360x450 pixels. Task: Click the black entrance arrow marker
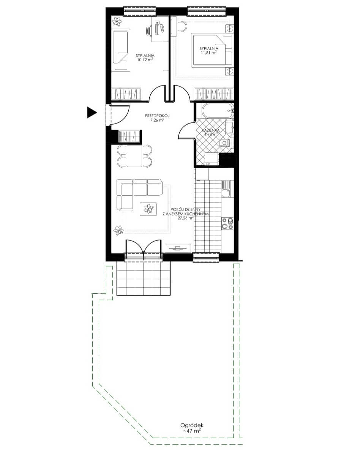coord(92,112)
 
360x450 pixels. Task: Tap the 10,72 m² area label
coord(145,60)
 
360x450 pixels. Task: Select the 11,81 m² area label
coord(208,52)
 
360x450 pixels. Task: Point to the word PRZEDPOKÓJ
coord(158,116)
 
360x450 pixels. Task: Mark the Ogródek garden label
coord(192,425)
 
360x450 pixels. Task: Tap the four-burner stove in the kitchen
coord(227,223)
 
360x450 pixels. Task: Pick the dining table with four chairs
coord(134,156)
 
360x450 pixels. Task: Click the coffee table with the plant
coord(148,209)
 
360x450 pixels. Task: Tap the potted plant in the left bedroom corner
coord(117,21)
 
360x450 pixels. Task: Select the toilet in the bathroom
coord(224,143)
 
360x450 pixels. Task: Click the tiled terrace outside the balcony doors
coord(144,278)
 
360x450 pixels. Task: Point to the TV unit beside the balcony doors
coord(178,248)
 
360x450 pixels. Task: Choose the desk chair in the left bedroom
coord(148,31)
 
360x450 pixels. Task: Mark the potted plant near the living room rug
coord(118,230)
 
